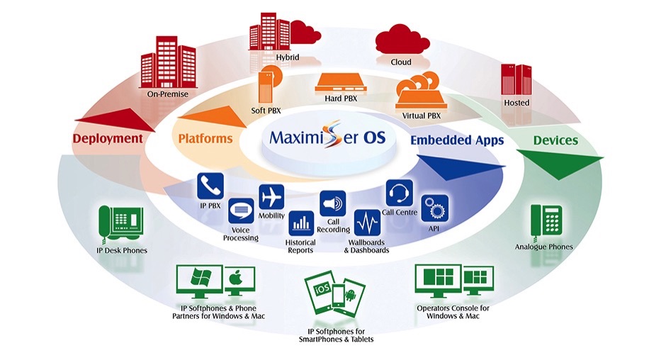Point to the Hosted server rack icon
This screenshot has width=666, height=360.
pos(516,79)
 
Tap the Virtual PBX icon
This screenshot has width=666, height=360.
pos(418,91)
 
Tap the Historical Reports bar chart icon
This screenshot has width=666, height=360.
pos(300,223)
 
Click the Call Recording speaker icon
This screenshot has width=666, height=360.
pos(332,203)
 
